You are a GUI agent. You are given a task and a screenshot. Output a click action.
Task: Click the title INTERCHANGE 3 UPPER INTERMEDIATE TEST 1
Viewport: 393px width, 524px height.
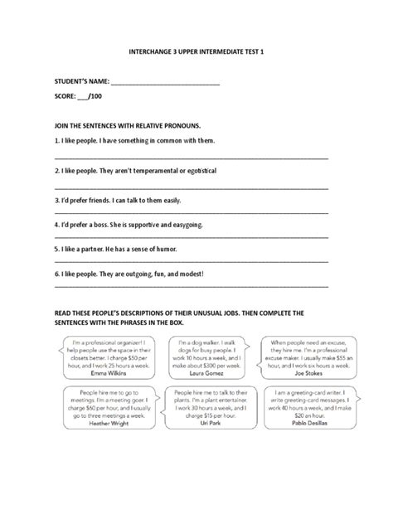click(196, 50)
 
